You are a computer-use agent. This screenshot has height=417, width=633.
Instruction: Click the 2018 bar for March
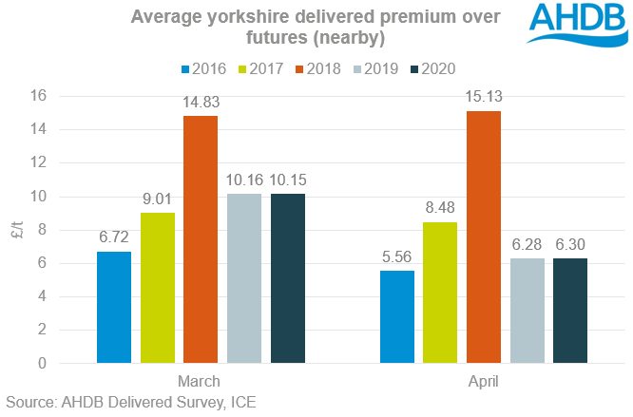(201, 239)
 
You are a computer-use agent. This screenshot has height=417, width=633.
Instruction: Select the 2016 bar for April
(396, 316)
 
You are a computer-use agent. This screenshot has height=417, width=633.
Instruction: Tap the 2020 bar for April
(570, 311)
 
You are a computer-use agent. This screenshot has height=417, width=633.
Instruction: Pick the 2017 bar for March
(157, 288)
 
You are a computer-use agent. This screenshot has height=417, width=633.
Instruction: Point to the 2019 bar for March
(244, 278)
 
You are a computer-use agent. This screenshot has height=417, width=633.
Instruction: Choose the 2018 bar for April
(483, 237)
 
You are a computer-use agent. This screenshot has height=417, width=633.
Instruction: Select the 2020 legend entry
(434, 68)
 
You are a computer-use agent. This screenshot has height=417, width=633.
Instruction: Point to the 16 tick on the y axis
(65, 96)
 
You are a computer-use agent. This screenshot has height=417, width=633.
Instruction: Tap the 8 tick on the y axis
(68, 230)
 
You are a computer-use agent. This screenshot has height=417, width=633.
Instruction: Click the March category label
(200, 381)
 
